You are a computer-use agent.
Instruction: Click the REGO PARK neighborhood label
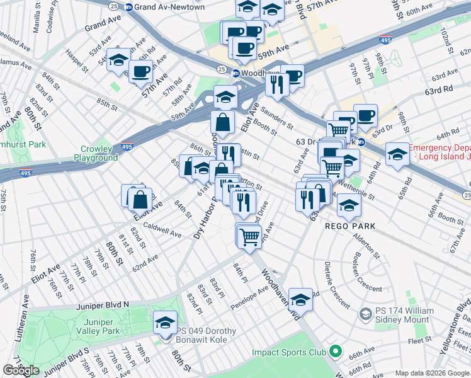click(350, 226)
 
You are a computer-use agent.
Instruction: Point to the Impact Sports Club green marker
click(335, 352)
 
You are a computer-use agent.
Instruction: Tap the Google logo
click(21, 370)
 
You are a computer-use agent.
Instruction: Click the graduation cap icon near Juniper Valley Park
click(166, 323)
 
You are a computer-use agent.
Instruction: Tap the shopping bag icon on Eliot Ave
click(139, 200)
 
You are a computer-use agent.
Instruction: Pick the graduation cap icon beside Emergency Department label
click(397, 154)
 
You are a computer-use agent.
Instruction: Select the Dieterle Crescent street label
click(338, 284)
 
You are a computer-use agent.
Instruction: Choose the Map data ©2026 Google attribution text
click(431, 373)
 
